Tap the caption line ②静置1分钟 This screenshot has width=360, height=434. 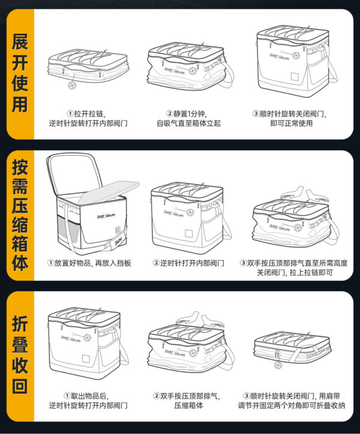tap(188, 113)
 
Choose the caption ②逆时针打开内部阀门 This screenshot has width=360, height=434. tap(188, 263)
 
